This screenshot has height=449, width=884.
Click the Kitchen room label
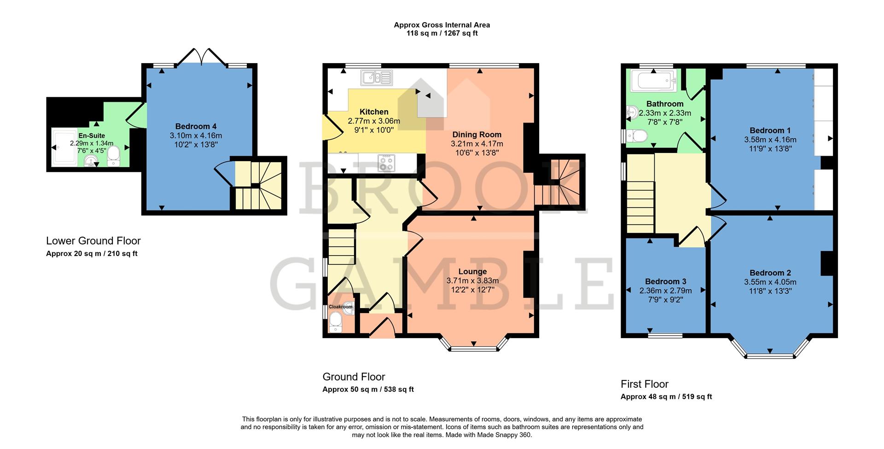374,112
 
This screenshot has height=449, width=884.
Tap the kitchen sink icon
377,78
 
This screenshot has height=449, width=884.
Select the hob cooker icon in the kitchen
387,163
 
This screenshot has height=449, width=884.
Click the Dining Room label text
477,134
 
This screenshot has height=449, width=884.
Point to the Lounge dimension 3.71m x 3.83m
472,280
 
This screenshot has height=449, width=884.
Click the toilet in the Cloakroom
335,322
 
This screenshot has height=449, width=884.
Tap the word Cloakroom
340,307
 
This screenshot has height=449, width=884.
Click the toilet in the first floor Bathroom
637,136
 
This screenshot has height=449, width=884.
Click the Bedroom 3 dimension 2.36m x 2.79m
665,291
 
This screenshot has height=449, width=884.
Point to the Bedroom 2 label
770,273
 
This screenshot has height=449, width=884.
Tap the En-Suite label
92,136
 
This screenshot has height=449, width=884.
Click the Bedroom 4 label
196,126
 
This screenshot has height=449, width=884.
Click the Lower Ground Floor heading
93,241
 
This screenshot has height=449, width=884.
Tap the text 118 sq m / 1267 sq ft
442,33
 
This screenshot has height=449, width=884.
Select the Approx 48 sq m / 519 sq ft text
666,397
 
